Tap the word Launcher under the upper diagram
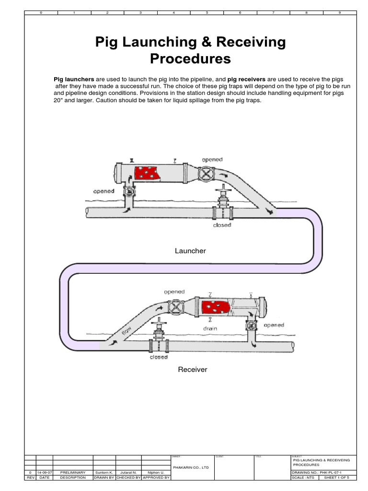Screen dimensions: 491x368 point(190,251)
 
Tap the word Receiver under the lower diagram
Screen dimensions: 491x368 point(193,370)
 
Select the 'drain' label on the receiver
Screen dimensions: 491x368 point(210,329)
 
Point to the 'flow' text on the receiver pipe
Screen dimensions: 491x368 point(126,330)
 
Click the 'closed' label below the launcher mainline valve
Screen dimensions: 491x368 point(222,225)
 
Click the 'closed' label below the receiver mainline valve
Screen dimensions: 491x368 point(158,357)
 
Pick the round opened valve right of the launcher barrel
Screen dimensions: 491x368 point(207,174)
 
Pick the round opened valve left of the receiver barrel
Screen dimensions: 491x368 point(178,306)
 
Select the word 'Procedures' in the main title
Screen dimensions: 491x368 point(190,59)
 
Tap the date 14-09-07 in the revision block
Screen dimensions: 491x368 point(45,472)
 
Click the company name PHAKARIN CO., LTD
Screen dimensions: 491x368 point(190,466)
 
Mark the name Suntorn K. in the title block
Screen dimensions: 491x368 point(105,472)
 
